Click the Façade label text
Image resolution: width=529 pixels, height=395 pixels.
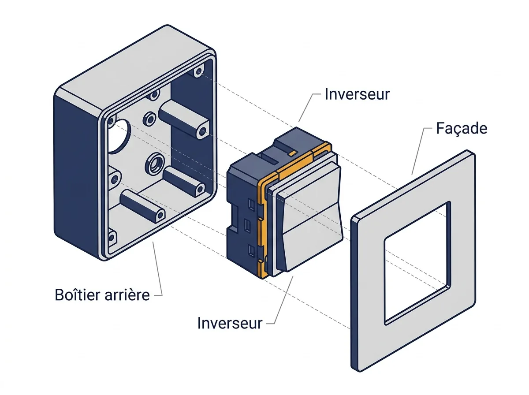coord(462,128)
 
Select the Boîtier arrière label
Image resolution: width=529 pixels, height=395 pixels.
coord(102,294)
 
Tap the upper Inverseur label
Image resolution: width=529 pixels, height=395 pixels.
coord(357,94)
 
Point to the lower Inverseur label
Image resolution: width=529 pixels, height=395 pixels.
coord(229,323)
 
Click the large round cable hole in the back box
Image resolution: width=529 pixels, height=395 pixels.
coord(118,136)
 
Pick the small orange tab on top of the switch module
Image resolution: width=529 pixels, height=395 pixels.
coord(292,153)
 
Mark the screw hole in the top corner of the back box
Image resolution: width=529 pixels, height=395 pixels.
coord(198,71)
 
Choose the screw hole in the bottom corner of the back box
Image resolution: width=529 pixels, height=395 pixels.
coord(112,237)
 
